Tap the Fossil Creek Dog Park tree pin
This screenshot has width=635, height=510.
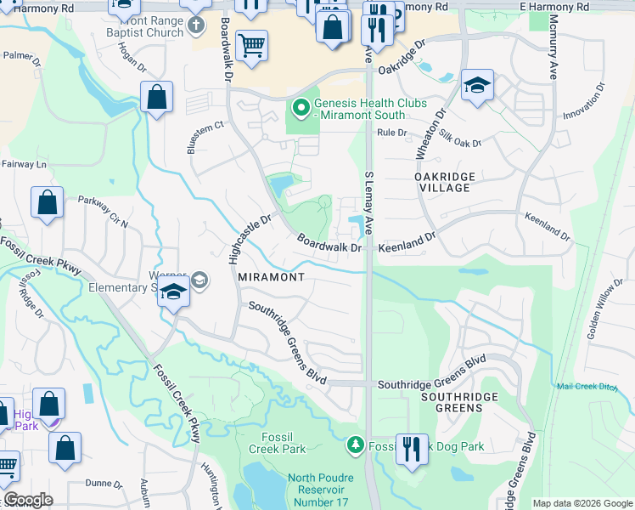pyautogui.click(x=356, y=445)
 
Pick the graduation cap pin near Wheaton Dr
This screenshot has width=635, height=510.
pyautogui.click(x=478, y=86)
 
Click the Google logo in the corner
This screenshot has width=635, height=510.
pyautogui.click(x=29, y=500)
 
